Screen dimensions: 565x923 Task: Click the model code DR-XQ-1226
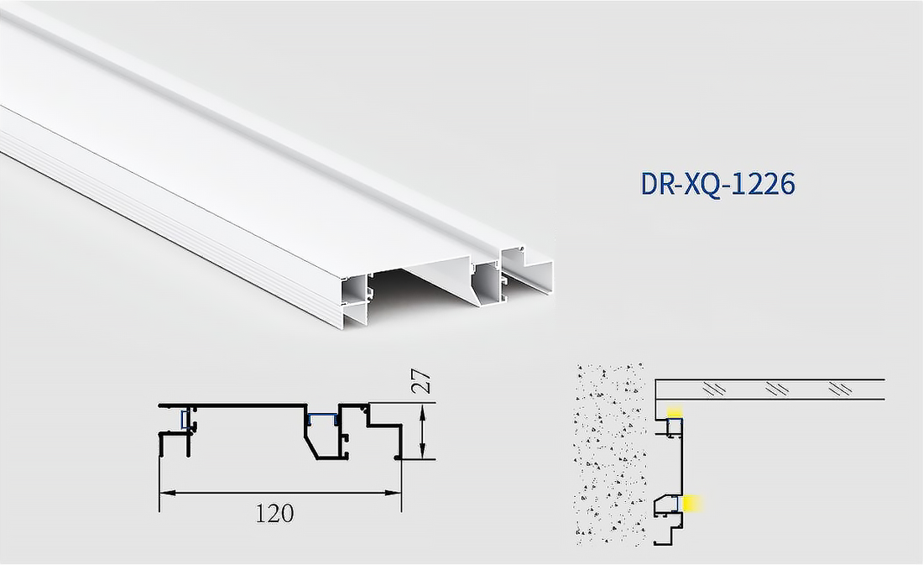click(x=717, y=184)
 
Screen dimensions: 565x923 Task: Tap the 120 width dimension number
click(x=274, y=512)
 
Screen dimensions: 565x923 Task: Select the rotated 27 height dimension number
click(x=425, y=383)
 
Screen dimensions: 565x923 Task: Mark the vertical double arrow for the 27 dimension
click(x=425, y=431)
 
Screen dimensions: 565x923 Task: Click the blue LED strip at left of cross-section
click(x=185, y=419)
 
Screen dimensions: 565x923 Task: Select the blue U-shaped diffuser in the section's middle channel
click(x=320, y=417)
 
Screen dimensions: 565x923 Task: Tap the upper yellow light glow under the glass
click(x=675, y=411)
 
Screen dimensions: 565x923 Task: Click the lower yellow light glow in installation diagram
click(x=692, y=503)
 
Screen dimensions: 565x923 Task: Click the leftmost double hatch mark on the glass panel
click(x=715, y=390)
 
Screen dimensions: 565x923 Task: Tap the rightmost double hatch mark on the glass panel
click(x=838, y=390)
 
